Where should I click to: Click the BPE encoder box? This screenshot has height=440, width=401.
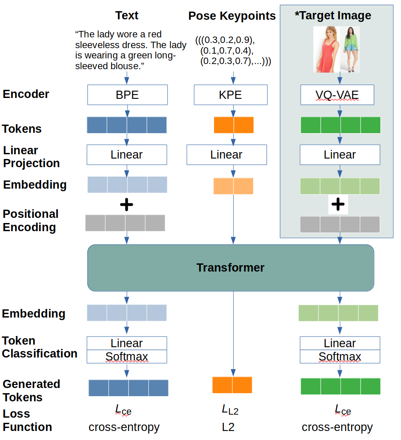tap(127, 95)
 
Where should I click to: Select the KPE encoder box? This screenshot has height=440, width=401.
tap(230, 95)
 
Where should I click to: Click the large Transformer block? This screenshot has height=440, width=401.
tap(230, 268)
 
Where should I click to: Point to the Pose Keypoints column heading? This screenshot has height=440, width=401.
tap(232, 16)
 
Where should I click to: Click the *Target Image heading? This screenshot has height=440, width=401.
tap(333, 16)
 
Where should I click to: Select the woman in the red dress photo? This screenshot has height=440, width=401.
tap(326, 49)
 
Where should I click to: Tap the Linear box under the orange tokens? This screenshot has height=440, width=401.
tap(226, 155)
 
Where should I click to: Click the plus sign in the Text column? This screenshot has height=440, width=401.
tap(126, 205)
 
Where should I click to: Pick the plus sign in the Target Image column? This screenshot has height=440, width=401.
tap(338, 205)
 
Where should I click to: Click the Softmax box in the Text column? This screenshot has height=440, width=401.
tap(127, 357)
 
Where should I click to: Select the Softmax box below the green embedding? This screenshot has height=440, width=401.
tap(340, 357)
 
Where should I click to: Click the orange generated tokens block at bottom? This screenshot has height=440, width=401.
tap(232, 385)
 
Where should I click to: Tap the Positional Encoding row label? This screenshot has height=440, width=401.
tap(31, 220)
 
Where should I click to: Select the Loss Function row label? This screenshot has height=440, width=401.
tap(28, 420)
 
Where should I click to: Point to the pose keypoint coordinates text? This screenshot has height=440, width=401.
tap(233, 50)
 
